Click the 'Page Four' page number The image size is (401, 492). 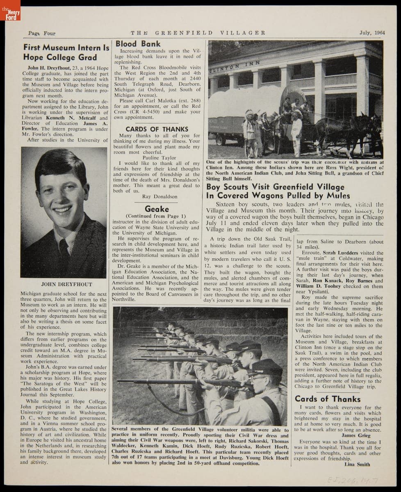(41, 33)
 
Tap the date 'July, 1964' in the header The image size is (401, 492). (372, 33)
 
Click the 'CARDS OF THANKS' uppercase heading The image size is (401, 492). (157, 129)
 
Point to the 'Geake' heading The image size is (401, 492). (157, 209)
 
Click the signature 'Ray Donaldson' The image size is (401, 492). (159, 196)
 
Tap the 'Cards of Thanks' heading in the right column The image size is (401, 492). (328, 399)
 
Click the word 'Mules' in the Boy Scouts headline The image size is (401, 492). (337, 196)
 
